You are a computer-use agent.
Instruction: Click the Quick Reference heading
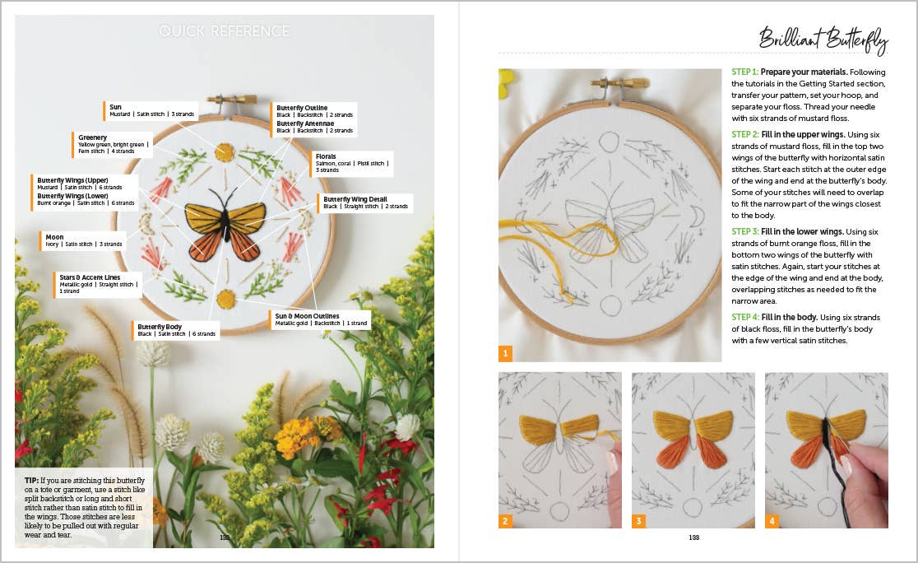[225, 31]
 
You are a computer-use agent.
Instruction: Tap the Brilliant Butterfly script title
[822, 38]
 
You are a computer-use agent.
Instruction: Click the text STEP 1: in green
[744, 72]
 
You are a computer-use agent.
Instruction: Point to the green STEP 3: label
[744, 232]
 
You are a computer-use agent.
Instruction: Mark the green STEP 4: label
[744, 318]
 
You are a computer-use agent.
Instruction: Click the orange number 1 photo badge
[505, 354]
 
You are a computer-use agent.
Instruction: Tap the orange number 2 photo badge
[505, 521]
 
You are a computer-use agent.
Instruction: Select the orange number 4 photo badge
[772, 521]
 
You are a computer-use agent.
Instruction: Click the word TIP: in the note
[32, 479]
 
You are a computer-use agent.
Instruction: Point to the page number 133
[693, 537]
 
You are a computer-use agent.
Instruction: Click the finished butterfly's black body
[224, 222]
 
